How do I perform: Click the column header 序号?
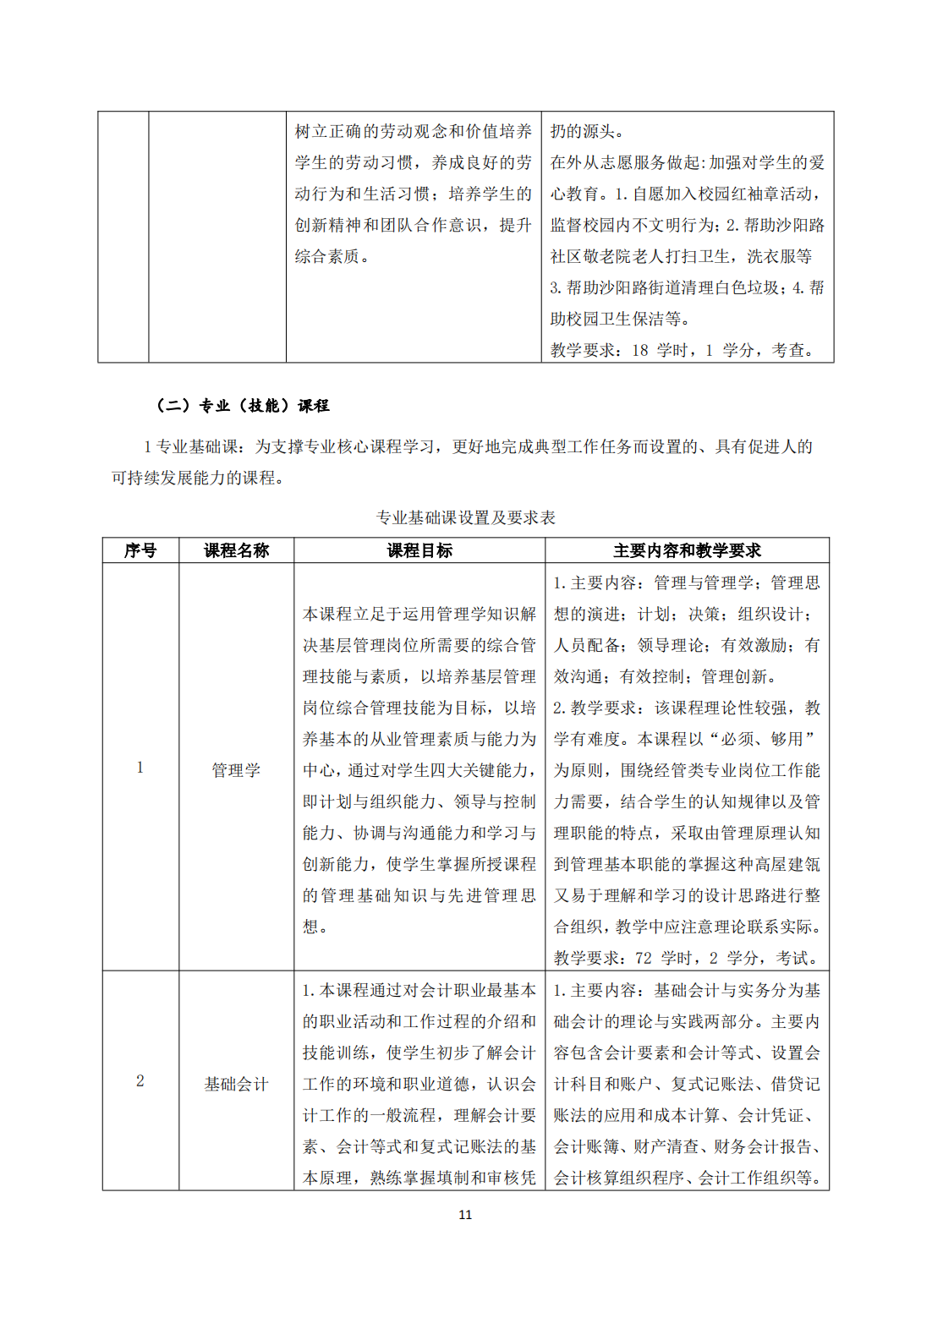click(x=140, y=550)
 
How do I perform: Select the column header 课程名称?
click(x=236, y=550)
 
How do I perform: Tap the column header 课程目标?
click(x=419, y=550)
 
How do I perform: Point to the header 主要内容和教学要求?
click(x=687, y=550)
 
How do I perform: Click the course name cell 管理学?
click(x=236, y=770)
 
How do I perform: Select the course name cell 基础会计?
click(x=236, y=1084)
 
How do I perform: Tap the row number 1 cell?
click(x=140, y=768)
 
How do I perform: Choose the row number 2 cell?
click(x=140, y=1081)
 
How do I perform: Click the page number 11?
click(x=465, y=1215)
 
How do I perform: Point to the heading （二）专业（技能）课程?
click(x=243, y=406)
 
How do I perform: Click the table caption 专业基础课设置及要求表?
click(x=465, y=517)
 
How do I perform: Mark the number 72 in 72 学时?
click(x=644, y=959)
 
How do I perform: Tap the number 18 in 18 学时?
click(x=640, y=350)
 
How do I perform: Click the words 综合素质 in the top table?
click(x=326, y=256)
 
